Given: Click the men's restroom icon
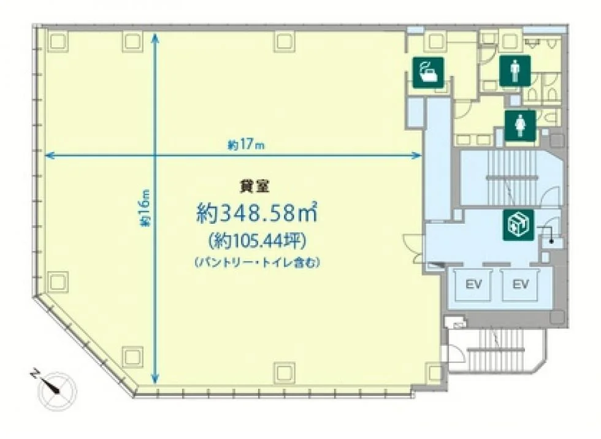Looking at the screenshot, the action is (x=515, y=71).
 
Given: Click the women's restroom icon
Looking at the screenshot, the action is (x=520, y=125).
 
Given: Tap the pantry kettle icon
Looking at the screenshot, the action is (x=428, y=73).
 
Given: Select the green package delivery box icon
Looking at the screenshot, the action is (x=518, y=225).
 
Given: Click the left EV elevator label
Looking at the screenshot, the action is (x=473, y=284).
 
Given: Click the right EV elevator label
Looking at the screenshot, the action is (x=521, y=284).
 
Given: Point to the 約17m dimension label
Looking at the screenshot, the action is (x=246, y=145).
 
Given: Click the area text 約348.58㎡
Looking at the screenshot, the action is (x=256, y=212).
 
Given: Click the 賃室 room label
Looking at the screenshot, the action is (x=254, y=187).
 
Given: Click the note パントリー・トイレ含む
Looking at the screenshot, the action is (x=257, y=263).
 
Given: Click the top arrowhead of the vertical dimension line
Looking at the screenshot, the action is (x=155, y=35).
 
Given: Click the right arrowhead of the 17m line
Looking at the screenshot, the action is (x=418, y=155).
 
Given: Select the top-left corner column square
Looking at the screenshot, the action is (x=58, y=40).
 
